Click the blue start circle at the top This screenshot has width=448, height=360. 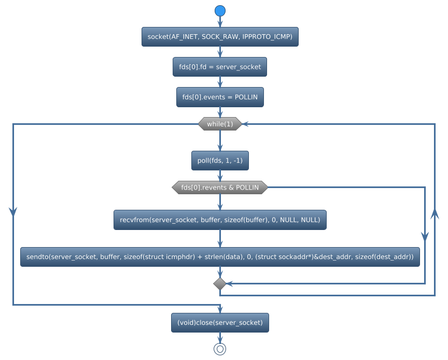pyautogui.click(x=220, y=10)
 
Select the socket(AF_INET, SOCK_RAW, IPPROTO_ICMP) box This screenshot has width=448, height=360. pyautogui.click(x=220, y=37)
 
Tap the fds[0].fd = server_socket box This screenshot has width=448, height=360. pyautogui.click(x=220, y=67)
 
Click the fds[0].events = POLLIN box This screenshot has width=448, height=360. pyautogui.click(x=220, y=97)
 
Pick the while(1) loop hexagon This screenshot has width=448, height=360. pyautogui.click(x=220, y=124)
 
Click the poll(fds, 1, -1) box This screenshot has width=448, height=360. pyautogui.click(x=220, y=161)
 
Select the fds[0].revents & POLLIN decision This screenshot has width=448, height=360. pyautogui.click(x=220, y=188)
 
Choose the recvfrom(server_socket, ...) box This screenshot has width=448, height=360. pyautogui.click(x=220, y=220)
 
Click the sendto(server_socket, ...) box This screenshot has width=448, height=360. pyautogui.click(x=220, y=257)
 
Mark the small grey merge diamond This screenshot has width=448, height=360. pyautogui.click(x=220, y=284)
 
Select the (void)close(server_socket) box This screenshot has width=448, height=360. pyautogui.click(x=220, y=322)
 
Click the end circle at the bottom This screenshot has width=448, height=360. pyautogui.click(x=220, y=349)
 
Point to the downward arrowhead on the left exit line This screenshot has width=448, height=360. pyautogui.click(x=13, y=211)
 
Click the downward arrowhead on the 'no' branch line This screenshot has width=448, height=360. pyautogui.click(x=425, y=236)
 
